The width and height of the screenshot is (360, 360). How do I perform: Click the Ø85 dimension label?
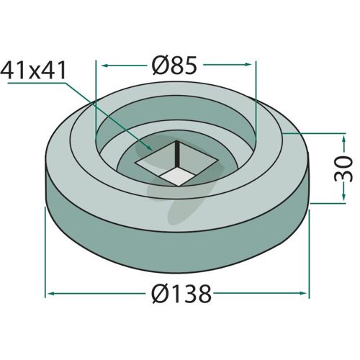coord(174,66)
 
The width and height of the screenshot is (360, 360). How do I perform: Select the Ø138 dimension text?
coord(181,294)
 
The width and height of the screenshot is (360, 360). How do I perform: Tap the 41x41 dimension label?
coord(33,71)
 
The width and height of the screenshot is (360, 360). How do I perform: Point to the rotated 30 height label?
coord(343,168)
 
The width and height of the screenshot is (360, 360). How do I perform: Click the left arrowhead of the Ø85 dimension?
coord(105,66)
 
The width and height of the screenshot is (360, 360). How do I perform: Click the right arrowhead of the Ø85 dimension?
coord(248,64)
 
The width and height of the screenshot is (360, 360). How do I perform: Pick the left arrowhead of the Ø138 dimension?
coord(52,293)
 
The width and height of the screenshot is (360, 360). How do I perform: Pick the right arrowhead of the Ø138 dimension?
coord(303,293)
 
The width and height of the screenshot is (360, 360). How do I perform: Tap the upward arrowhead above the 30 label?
coord(343,140)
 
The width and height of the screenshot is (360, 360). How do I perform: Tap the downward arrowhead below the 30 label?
coord(343,196)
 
